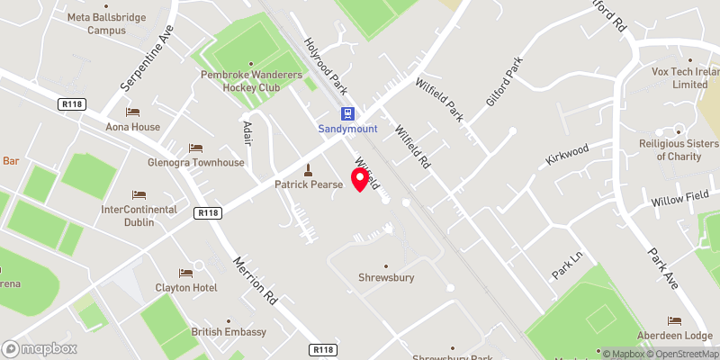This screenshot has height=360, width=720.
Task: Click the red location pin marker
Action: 361,179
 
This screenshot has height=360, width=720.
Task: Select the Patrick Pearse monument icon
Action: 309,169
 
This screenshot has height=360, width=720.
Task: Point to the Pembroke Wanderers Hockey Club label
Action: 250,81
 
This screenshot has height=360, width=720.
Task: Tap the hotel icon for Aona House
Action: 133,112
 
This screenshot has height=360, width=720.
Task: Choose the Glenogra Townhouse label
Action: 196,163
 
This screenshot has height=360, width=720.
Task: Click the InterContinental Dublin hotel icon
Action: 139,194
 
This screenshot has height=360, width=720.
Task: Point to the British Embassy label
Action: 229,332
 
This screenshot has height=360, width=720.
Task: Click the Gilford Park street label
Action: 504,82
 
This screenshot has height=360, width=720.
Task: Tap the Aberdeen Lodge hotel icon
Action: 673,320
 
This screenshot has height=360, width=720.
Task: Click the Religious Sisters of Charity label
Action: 678,149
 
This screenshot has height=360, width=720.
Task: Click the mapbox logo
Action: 39,347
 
